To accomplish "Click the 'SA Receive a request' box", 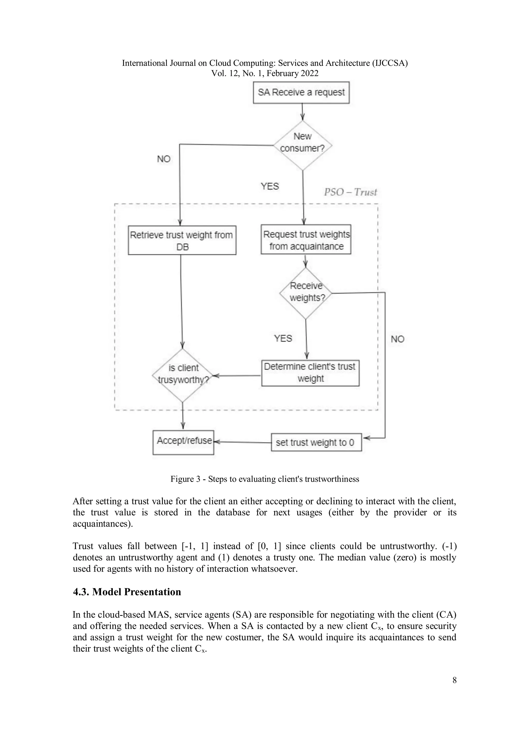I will [301, 93].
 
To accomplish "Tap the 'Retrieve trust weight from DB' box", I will [182, 241].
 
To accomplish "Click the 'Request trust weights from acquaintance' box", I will [306, 239].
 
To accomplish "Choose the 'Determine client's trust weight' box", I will [310, 373].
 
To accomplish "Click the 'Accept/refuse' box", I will [183, 442].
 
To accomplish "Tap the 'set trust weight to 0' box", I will [316, 442].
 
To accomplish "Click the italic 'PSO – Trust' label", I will [350, 192].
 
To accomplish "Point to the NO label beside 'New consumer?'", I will [164, 159].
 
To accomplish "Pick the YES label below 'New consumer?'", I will [270, 186].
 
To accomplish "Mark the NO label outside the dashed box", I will [397, 339].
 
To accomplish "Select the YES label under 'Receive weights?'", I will [283, 338].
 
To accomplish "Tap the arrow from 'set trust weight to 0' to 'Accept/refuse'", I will [242, 442].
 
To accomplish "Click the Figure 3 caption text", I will [265, 479].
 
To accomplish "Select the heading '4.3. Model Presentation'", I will [127, 592].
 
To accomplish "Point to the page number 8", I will [454, 680].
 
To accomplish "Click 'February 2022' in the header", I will [292, 73].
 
